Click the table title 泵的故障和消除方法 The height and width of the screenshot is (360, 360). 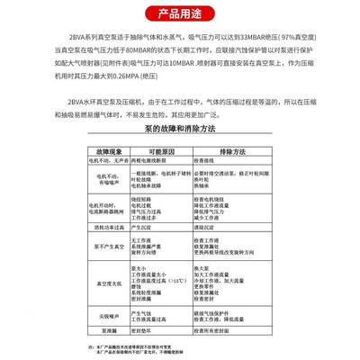180,129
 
